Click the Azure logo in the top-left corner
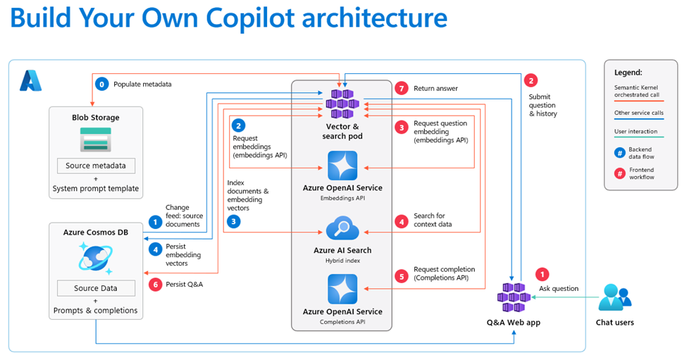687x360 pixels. [30, 81]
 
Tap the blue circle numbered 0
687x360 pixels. [102, 84]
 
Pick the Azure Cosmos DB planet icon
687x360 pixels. [96, 257]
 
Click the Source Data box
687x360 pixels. [96, 288]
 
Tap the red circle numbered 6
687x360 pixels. [156, 284]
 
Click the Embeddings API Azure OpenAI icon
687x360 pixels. [342, 166]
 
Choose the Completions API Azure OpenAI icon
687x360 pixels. [342, 289]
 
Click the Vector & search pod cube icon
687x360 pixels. [342, 104]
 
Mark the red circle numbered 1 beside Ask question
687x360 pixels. [542, 274]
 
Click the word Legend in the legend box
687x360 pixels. [628, 72]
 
